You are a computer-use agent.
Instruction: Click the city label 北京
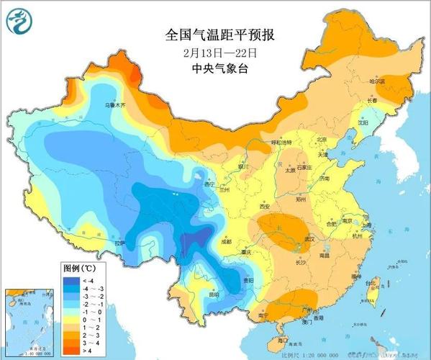point(322,140)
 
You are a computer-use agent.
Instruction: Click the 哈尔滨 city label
point(378,82)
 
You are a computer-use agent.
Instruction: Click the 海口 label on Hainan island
point(283,339)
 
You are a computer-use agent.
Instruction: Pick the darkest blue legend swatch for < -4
point(70,279)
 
